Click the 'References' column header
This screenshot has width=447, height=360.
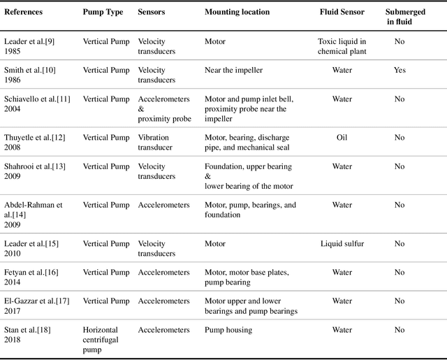tap(22, 13)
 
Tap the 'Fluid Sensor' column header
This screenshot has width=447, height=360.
tap(342, 13)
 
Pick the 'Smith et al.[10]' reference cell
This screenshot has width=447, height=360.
tap(29, 71)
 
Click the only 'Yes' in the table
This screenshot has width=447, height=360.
tap(400, 71)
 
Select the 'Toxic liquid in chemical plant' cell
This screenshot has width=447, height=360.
tap(342, 47)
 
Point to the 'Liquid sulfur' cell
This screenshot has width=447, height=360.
tap(342, 244)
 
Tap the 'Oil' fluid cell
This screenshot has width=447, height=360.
tap(342, 138)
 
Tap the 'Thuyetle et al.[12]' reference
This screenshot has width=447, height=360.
tap(34, 138)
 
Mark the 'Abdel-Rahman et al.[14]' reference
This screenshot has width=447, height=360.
tap(33, 210)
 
